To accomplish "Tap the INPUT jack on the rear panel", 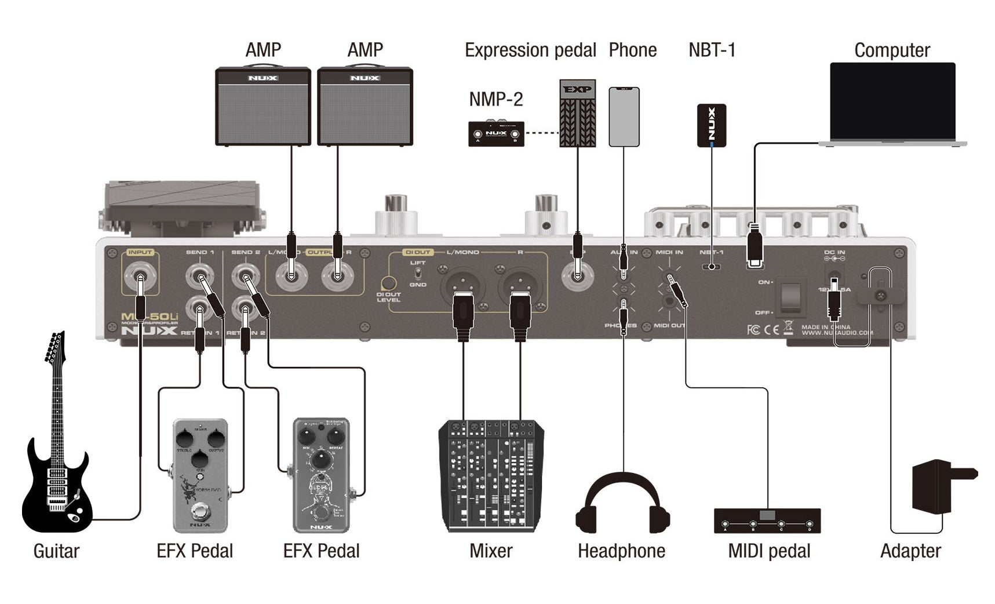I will click(x=140, y=277).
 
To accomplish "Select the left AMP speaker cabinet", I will click(x=263, y=107).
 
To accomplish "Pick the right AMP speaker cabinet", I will click(x=365, y=107).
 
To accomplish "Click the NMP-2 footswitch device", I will click(x=495, y=133).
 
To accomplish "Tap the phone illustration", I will click(x=624, y=117).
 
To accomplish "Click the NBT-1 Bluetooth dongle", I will click(x=711, y=125).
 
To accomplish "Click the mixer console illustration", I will click(x=491, y=475).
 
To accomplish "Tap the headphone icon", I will click(x=622, y=504).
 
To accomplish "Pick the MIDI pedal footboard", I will click(x=767, y=520).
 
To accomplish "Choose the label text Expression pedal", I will click(x=530, y=50).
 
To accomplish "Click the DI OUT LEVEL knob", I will click(x=388, y=283).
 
